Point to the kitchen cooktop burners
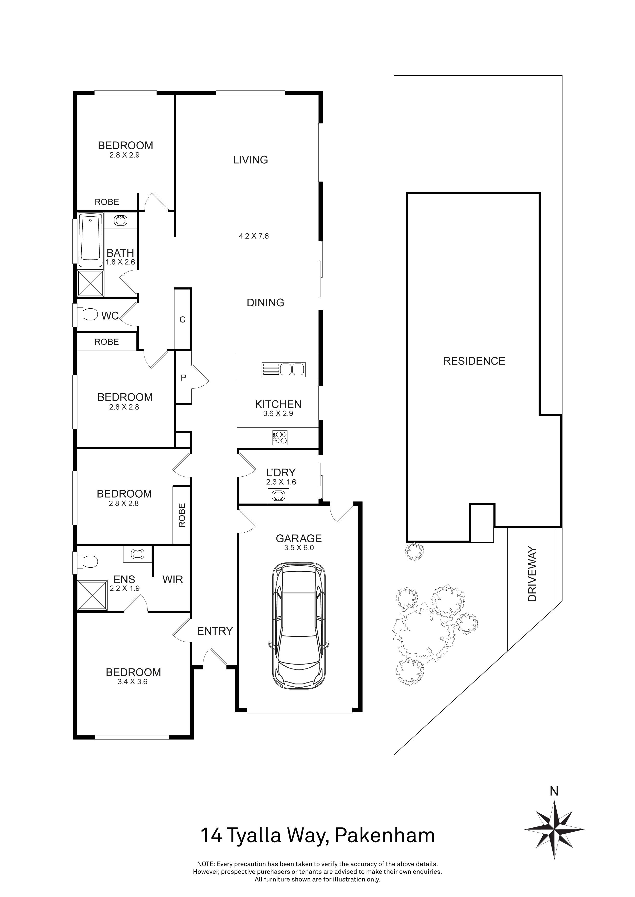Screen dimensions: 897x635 [x=280, y=437]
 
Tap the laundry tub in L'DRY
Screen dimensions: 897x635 [x=279, y=496]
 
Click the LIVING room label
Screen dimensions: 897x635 [x=250, y=160]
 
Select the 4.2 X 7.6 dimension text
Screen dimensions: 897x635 [x=254, y=236]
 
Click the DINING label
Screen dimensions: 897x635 [x=265, y=303]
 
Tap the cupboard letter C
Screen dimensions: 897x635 [x=182, y=320]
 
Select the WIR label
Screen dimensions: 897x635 [x=173, y=579]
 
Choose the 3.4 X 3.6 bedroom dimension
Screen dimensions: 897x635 [x=133, y=682]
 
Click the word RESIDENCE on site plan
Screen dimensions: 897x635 [x=474, y=361]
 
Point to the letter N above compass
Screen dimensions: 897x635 [x=554, y=791]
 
